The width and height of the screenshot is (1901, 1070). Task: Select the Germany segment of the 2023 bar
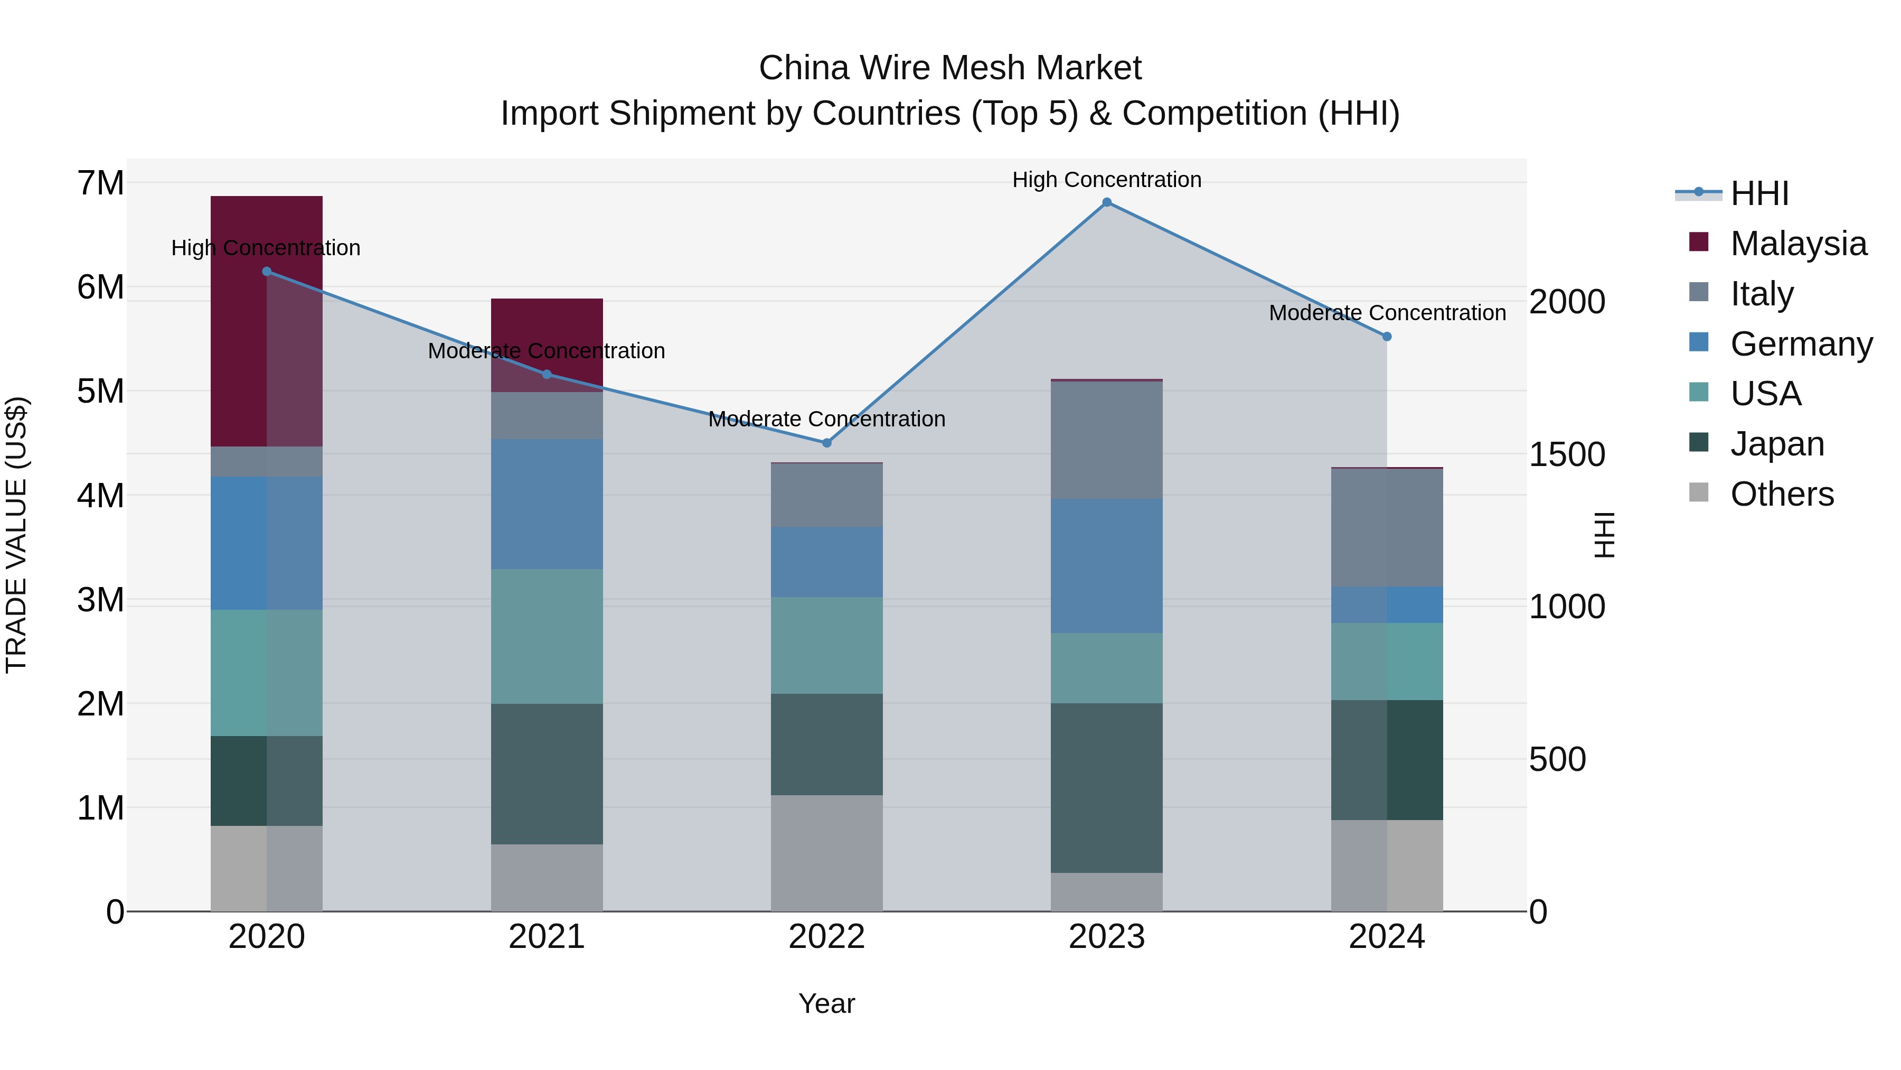click(1106, 565)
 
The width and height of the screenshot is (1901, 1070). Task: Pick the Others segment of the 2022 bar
click(826, 853)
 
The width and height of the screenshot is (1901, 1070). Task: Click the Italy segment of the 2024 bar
click(1387, 527)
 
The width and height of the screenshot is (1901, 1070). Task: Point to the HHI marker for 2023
click(1106, 202)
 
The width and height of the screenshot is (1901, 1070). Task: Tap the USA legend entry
click(1765, 394)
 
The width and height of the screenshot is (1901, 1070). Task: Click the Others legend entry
click(1782, 494)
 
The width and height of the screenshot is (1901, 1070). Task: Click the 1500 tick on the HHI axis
click(1566, 455)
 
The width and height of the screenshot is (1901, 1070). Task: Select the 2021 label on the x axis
click(547, 937)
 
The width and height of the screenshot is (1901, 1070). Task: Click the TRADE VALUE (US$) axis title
click(17, 535)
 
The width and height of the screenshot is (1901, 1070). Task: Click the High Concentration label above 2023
click(1106, 180)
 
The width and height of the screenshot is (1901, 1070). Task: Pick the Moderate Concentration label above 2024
click(1387, 313)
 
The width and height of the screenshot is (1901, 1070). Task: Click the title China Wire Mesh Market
click(950, 68)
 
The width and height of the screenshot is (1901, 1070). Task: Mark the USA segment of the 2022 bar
click(826, 645)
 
